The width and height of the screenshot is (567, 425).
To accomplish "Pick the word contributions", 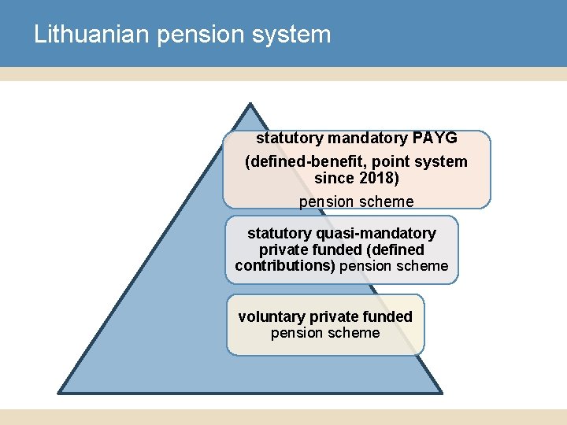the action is pos(284,266).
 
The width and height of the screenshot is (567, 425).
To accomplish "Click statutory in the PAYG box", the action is pos(290,139).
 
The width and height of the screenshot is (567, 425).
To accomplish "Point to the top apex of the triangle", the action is pos(249,104).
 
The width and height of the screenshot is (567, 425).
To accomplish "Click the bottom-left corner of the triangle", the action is pos(58,392).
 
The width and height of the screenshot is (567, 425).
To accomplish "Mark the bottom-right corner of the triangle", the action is pos(441,392).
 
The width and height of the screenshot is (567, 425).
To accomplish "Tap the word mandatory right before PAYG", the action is pos(365,139).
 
